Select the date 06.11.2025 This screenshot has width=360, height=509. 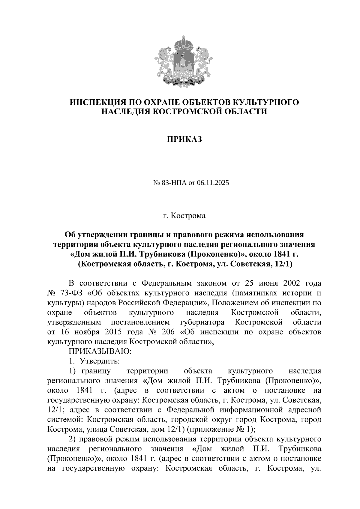[x=209, y=183]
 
